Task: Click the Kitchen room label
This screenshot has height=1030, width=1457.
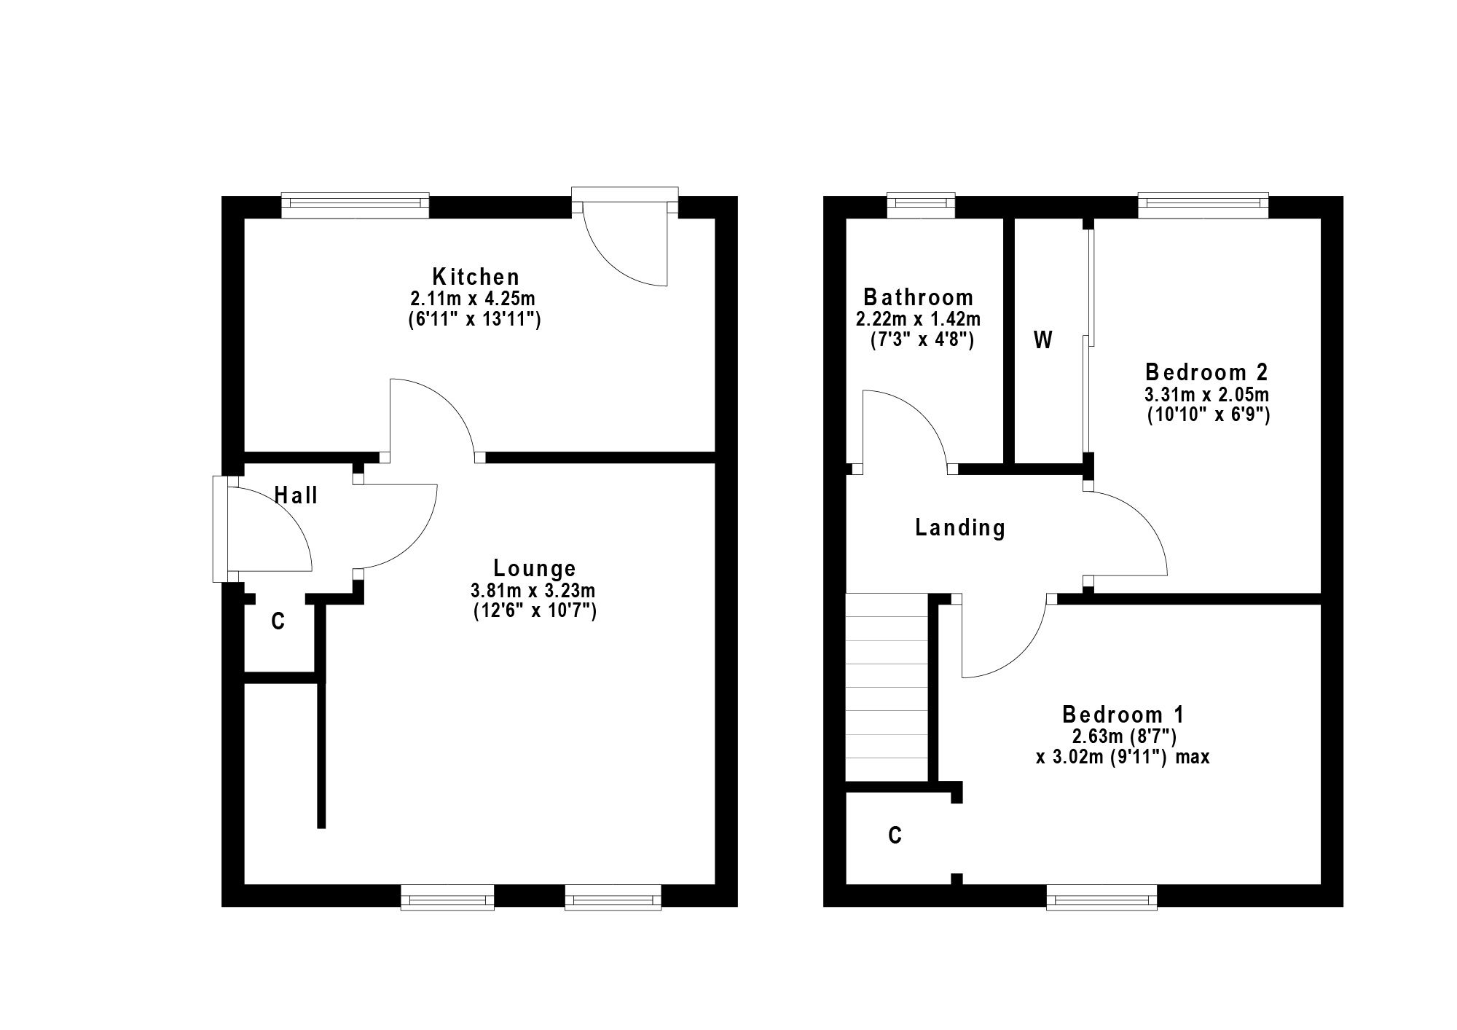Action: [476, 277]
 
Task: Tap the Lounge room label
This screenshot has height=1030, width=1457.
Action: [535, 568]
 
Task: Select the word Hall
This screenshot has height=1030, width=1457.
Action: [296, 495]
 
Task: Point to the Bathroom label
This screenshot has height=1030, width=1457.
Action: [918, 297]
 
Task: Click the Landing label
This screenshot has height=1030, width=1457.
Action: [960, 527]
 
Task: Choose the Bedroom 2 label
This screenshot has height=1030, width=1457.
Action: [1207, 372]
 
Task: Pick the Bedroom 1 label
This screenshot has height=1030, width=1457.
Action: [1123, 713]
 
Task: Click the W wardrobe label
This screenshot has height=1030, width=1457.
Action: [1043, 340]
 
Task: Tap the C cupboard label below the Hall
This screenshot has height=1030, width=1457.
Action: [278, 621]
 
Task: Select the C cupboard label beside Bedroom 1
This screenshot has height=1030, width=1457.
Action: [895, 835]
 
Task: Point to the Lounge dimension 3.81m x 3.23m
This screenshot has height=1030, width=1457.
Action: [534, 590]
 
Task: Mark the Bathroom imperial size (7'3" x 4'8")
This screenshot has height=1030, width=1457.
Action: [922, 339]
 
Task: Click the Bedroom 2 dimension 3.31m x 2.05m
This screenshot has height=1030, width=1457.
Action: [1207, 395]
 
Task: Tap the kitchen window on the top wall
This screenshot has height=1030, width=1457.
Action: [355, 205]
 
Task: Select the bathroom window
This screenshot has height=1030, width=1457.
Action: [921, 205]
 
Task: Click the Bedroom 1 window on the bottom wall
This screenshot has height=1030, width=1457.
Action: [1101, 897]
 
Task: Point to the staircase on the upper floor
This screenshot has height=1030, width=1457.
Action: [887, 688]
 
